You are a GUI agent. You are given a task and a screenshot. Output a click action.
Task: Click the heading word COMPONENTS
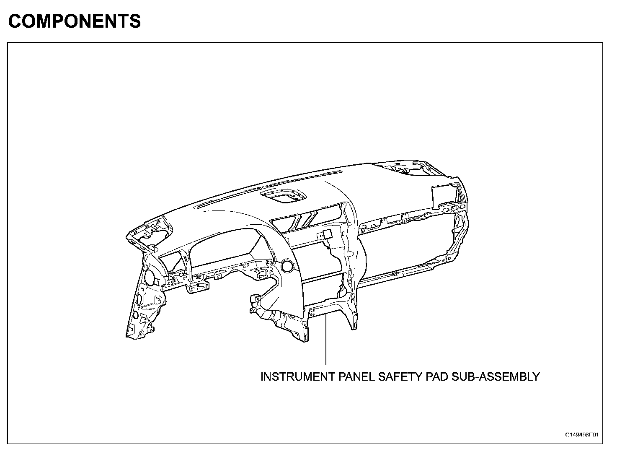(x=75, y=21)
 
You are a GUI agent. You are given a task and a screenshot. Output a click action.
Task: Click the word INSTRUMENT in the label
(x=296, y=376)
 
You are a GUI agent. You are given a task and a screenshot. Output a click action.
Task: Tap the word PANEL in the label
(x=355, y=376)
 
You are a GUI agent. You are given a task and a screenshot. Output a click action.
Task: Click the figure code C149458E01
(x=582, y=434)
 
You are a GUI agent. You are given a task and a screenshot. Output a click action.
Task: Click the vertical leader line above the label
(x=325, y=340)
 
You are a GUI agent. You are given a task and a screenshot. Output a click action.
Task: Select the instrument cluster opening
(x=222, y=252)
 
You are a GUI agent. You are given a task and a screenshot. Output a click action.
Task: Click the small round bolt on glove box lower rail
(x=395, y=274)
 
